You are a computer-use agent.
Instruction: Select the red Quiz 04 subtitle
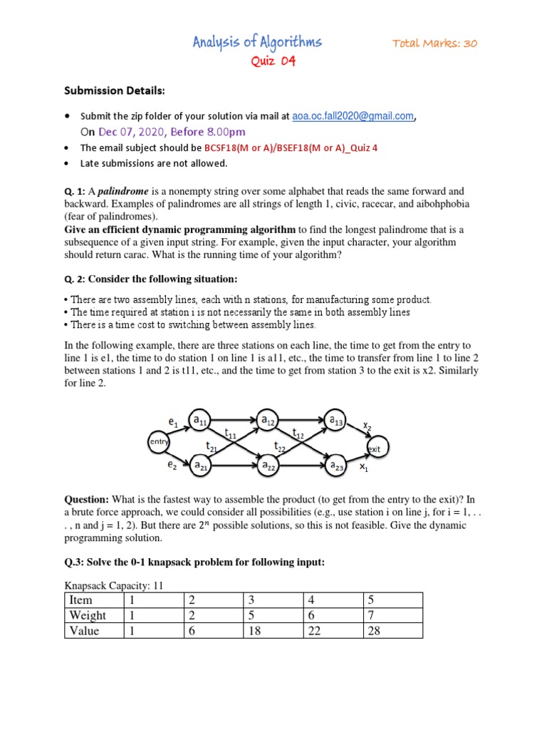pos(272,61)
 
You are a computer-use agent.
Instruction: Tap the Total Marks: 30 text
pos(434,43)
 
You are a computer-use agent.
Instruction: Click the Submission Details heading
pos(115,91)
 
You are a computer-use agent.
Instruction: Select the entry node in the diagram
pos(157,443)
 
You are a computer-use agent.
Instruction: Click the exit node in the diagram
pos(374,448)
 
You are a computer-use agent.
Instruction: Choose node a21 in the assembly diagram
pos(200,466)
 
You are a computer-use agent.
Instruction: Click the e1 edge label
pos(173,423)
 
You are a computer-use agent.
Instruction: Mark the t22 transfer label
pos(280,446)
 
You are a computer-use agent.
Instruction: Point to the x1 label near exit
pos(364,468)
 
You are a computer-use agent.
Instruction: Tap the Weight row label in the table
pos(88,615)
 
